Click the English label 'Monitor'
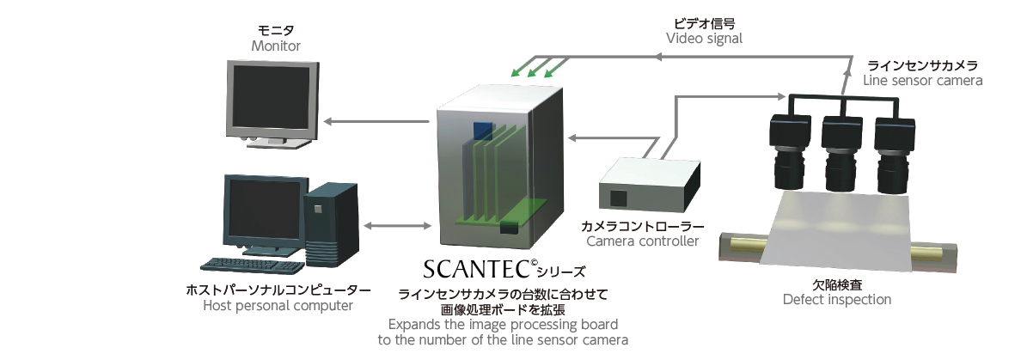[276, 46]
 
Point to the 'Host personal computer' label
[278, 306]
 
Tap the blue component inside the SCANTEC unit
[483, 131]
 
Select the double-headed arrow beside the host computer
[397, 226]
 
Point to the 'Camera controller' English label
[642, 241]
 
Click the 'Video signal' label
[704, 39]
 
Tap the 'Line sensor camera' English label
[922, 80]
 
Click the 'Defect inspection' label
[836, 299]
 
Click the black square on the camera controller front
[619, 197]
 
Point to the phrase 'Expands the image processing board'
[503, 325]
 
